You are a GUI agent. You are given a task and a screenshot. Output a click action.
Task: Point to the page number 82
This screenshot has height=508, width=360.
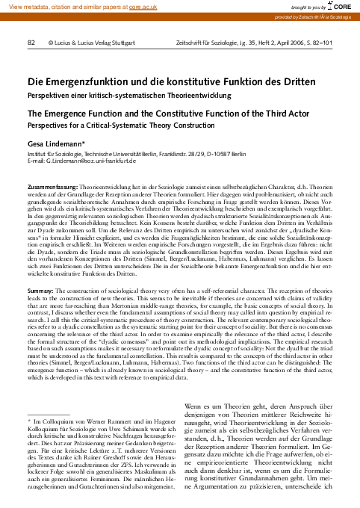click(x=31, y=44)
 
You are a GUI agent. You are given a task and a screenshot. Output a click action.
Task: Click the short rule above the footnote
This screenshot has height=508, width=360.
click(x=48, y=413)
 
